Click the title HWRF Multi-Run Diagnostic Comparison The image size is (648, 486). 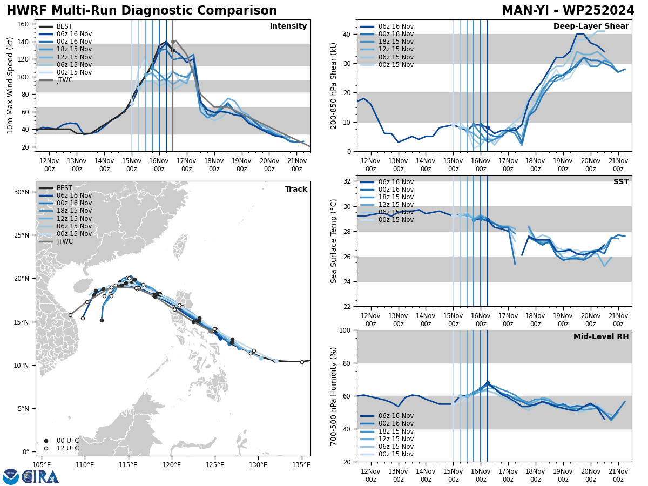point(141,11)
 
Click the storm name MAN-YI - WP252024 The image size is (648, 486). point(568,11)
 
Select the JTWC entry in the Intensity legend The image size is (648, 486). point(64,80)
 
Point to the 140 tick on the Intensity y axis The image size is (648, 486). point(25,42)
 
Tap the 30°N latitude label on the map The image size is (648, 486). point(22,192)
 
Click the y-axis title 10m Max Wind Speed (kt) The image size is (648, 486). point(10,85)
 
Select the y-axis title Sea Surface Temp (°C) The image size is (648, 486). point(334,241)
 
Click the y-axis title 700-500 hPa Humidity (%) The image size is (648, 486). point(334,396)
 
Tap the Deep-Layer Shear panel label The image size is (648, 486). point(591,26)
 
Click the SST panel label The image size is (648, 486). point(620,182)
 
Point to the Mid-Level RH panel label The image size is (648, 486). point(600,337)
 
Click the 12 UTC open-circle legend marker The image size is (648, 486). point(46,448)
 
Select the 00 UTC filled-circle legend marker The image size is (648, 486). point(46,441)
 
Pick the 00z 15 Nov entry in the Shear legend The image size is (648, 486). point(396,65)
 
